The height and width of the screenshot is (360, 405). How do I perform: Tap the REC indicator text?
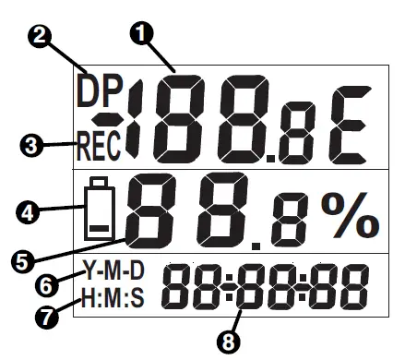[100, 144]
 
